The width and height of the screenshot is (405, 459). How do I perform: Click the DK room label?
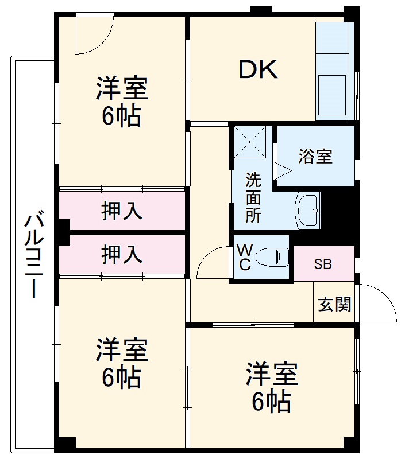pyautogui.click(x=259, y=69)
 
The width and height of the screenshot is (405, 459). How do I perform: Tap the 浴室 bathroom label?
pyautogui.click(x=315, y=157)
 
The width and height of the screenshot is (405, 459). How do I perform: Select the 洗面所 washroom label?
pyautogui.click(x=253, y=197)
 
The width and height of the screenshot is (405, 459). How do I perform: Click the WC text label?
pyautogui.click(x=244, y=257)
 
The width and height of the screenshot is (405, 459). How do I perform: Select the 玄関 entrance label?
pyautogui.click(x=335, y=305)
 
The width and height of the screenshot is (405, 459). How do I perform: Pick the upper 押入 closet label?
pyautogui.click(x=122, y=212)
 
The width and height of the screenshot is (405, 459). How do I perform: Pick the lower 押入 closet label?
pyautogui.click(x=122, y=254)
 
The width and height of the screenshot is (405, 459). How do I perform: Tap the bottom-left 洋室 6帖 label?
pyautogui.click(x=122, y=363)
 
